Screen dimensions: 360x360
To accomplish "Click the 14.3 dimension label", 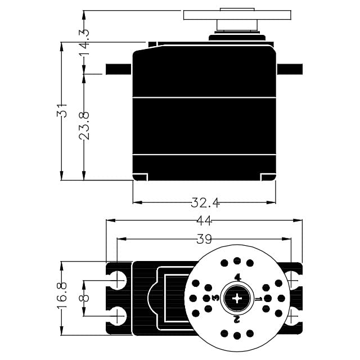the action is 84,42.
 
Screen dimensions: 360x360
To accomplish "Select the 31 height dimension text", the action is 62,111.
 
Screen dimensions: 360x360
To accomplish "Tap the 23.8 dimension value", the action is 84,126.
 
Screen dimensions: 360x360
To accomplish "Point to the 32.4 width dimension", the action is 205,203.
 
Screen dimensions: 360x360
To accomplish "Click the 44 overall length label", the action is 204,221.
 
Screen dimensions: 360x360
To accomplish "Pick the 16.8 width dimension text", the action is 62,296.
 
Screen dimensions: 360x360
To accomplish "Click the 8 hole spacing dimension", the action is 84,298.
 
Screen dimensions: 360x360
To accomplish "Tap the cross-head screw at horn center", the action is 237,299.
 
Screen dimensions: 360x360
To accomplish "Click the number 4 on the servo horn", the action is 238,278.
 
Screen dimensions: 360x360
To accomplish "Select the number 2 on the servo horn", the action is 237,319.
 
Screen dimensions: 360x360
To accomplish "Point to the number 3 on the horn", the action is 216,298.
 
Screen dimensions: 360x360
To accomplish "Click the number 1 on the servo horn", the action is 259,299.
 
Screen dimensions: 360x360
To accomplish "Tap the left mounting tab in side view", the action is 119,69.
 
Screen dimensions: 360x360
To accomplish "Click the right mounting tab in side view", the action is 290,69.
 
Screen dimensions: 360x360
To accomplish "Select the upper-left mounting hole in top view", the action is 118,280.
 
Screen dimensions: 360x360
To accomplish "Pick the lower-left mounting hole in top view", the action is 118,316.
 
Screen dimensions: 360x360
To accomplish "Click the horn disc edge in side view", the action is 237,15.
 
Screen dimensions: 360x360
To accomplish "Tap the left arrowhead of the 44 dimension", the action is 110,220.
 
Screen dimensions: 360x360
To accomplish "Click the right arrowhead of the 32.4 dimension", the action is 271,202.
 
